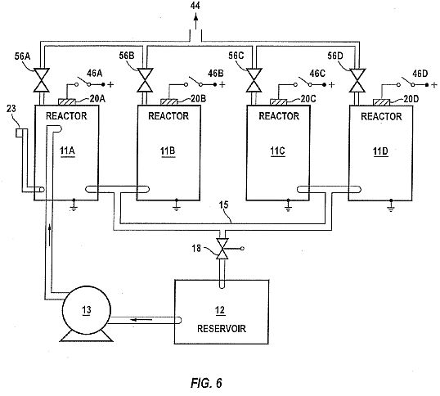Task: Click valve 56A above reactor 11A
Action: point(41,80)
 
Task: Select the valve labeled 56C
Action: point(254,80)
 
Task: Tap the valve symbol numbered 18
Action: point(222,249)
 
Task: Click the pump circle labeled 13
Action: point(86,310)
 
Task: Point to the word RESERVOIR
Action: point(222,329)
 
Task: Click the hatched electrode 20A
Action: point(67,101)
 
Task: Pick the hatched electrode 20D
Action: point(382,102)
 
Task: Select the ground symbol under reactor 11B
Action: point(177,205)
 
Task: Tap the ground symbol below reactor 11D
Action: point(391,205)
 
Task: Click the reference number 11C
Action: point(277,151)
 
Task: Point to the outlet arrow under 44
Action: point(195,21)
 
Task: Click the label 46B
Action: point(216,74)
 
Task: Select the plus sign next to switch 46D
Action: point(434,84)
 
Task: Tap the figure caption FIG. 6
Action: point(207,383)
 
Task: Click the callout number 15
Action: point(223,205)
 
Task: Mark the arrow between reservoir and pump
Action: point(141,319)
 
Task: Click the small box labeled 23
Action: point(19,133)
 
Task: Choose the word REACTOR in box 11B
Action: point(168,116)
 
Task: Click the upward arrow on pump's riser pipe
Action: point(50,235)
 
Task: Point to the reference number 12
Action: point(220,310)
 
